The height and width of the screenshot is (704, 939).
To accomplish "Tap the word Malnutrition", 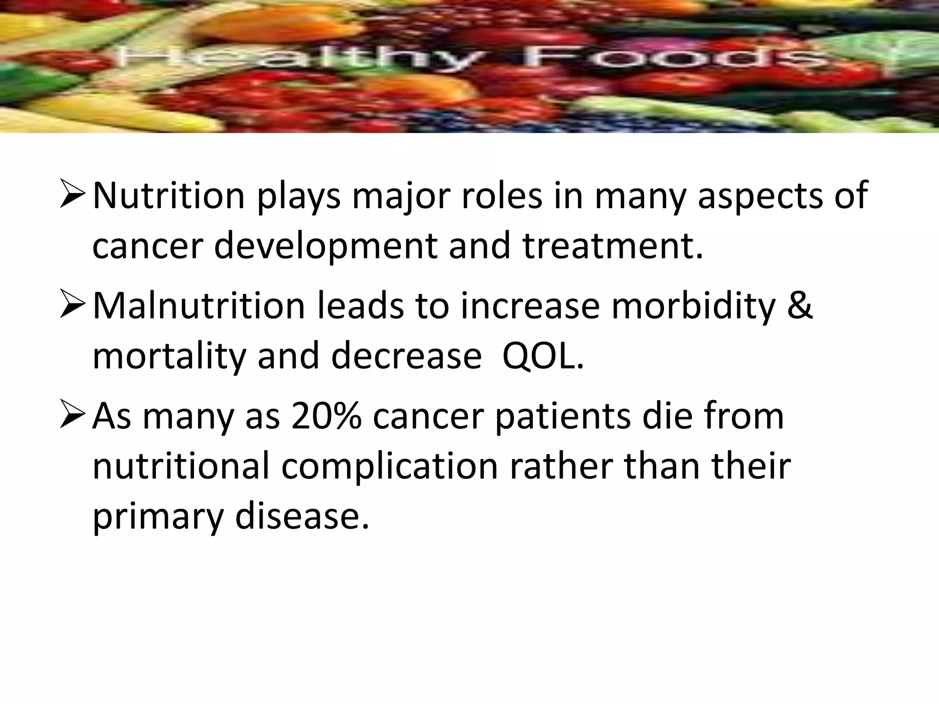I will click(x=199, y=306).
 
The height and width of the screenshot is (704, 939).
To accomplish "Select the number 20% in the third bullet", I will click(x=326, y=416).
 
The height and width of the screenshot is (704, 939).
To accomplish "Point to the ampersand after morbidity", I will click(x=800, y=306).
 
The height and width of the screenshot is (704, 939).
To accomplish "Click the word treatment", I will click(x=613, y=246).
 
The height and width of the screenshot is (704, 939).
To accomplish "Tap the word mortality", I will click(x=169, y=357).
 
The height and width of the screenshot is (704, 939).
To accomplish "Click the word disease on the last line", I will click(x=302, y=517).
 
